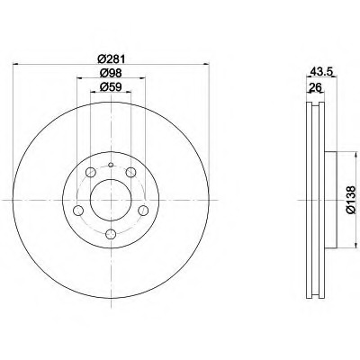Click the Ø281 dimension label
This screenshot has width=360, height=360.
(111, 58)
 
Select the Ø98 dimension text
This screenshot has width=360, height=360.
(111, 73)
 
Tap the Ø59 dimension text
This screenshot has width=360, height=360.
(111, 87)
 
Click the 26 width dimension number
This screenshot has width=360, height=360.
(315, 87)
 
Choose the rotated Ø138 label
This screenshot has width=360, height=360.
(350, 200)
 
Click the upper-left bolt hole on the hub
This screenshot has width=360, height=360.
(91, 173)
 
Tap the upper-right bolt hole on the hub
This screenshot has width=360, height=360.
(130, 173)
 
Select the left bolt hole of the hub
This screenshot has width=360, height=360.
(78, 211)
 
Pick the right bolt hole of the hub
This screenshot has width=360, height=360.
(143, 211)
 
